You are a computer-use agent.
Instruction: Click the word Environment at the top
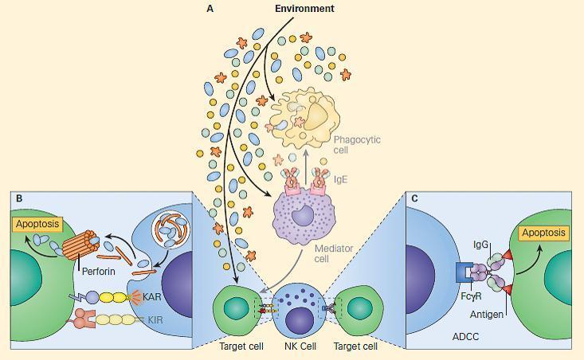point(304,9)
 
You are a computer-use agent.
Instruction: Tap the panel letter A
point(210,9)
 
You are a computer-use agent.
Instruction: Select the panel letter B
point(18,198)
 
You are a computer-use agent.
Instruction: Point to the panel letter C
point(414,198)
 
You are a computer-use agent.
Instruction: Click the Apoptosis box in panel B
point(36,225)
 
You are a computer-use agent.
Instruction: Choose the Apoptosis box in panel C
point(543,233)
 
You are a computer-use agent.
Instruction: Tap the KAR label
point(155,295)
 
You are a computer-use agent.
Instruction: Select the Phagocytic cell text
point(356,144)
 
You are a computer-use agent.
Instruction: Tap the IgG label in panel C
point(480,245)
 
